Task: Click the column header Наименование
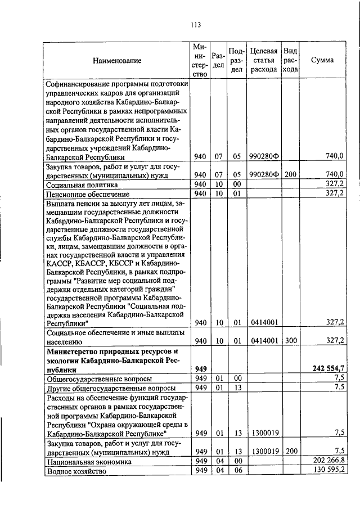(118, 60)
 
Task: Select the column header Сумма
(324, 60)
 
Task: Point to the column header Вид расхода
(290, 60)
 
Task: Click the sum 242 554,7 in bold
(328, 368)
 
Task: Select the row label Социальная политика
(82, 183)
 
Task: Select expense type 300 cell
(290, 340)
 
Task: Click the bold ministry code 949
(201, 368)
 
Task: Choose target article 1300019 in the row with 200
(264, 451)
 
